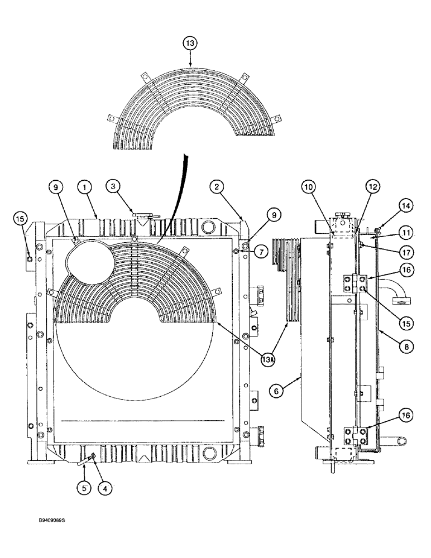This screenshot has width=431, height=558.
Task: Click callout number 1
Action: tap(84, 189)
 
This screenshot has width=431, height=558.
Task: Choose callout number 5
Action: tap(84, 488)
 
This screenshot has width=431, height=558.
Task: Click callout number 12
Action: tap(373, 189)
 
